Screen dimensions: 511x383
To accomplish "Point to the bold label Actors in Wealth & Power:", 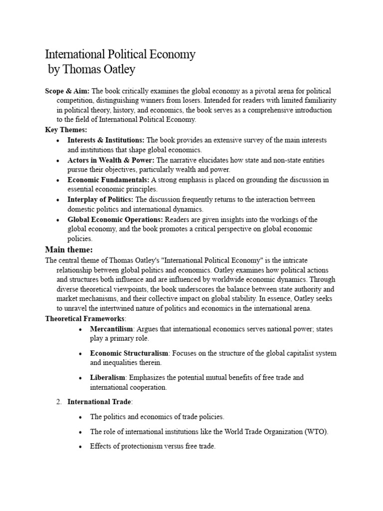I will pos(111,160).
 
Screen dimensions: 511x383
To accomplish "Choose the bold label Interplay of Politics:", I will pos(100,200).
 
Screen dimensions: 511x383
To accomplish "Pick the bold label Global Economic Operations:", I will pos(115,220).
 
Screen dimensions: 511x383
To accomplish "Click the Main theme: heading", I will pos(69,249).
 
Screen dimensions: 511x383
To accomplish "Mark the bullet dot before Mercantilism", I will pos(80,329).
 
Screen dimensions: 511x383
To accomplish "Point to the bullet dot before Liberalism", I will pos(80,378).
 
